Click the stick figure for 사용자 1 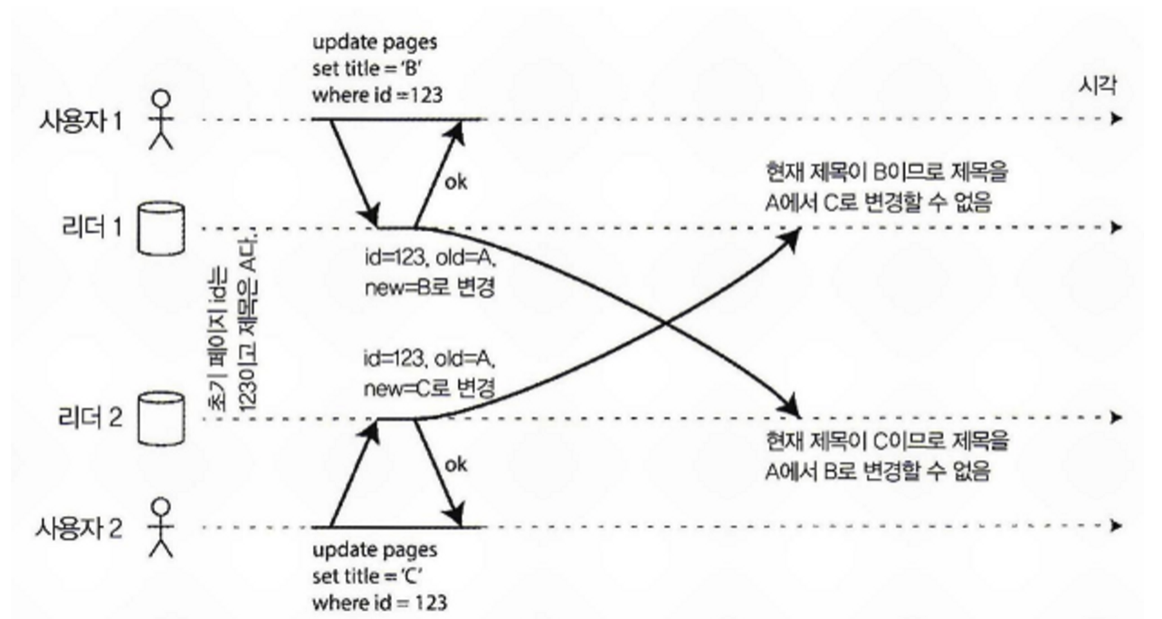click(160, 119)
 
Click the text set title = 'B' click(367, 69)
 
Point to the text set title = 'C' click(367, 576)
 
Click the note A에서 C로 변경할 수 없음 click(876, 204)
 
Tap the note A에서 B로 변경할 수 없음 click(876, 471)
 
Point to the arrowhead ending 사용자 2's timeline click(1119, 526)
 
